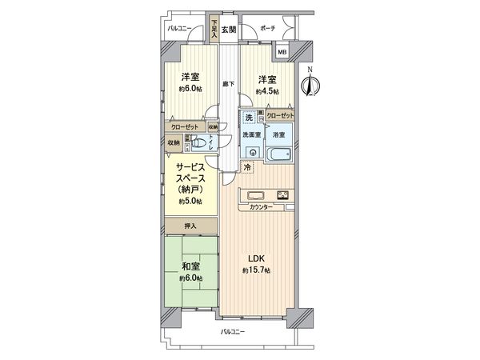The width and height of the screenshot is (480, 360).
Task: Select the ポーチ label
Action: [x=268, y=29]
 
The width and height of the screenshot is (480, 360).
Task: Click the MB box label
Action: [x=282, y=53]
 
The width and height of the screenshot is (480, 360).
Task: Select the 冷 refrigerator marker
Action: [x=246, y=167]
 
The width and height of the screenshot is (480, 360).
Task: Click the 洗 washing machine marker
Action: [x=250, y=118]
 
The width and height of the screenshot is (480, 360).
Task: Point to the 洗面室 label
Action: [x=252, y=134]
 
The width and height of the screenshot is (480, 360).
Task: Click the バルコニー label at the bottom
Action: [x=232, y=330]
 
